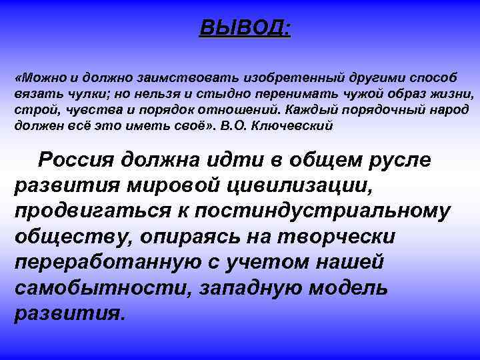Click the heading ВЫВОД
coord(245,29)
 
